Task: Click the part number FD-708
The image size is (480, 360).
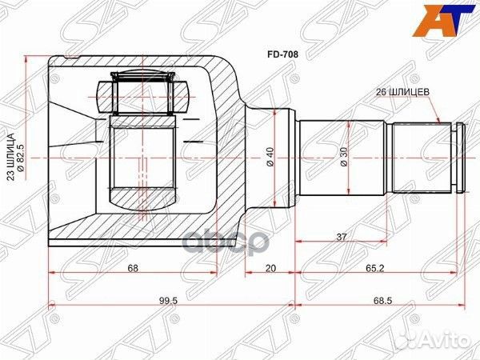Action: point(282,54)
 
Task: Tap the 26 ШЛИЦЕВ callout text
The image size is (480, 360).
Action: point(402,92)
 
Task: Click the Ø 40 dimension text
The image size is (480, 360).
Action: point(270,157)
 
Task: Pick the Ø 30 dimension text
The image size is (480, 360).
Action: point(344,157)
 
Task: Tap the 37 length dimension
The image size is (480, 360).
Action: point(342,237)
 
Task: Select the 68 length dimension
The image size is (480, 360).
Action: point(133,268)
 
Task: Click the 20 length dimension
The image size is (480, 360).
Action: point(270,268)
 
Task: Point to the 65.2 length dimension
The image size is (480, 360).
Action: point(374,268)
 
